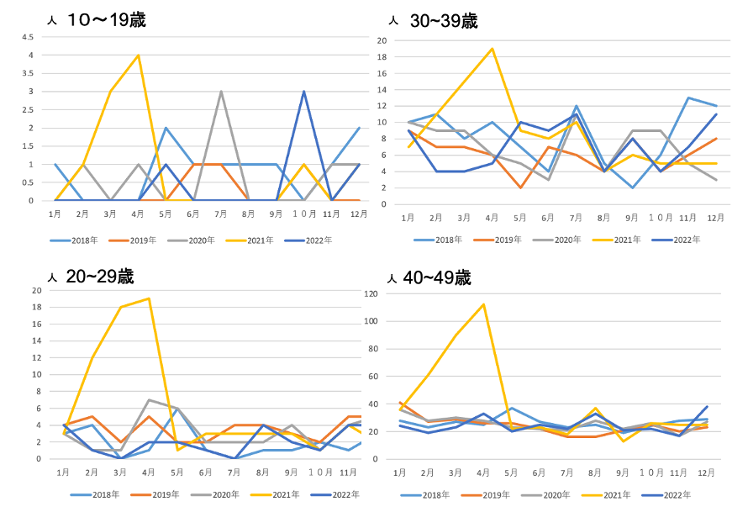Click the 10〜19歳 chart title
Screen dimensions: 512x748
(x=106, y=19)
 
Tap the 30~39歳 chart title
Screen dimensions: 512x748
(x=445, y=22)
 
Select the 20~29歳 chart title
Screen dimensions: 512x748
(x=101, y=277)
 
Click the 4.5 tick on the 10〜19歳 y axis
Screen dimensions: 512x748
(x=29, y=37)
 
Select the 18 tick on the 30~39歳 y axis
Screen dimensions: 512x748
(x=382, y=57)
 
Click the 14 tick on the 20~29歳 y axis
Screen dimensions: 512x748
(x=37, y=341)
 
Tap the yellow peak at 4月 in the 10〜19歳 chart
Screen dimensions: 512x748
(x=138, y=55)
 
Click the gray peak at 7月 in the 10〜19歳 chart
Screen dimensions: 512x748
(x=220, y=92)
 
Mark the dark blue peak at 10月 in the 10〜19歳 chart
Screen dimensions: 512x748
(x=303, y=92)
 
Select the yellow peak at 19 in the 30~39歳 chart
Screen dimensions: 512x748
(x=492, y=49)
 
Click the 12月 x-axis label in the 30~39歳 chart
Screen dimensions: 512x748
(x=716, y=218)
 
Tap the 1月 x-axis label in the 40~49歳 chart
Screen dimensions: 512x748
(x=399, y=473)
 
